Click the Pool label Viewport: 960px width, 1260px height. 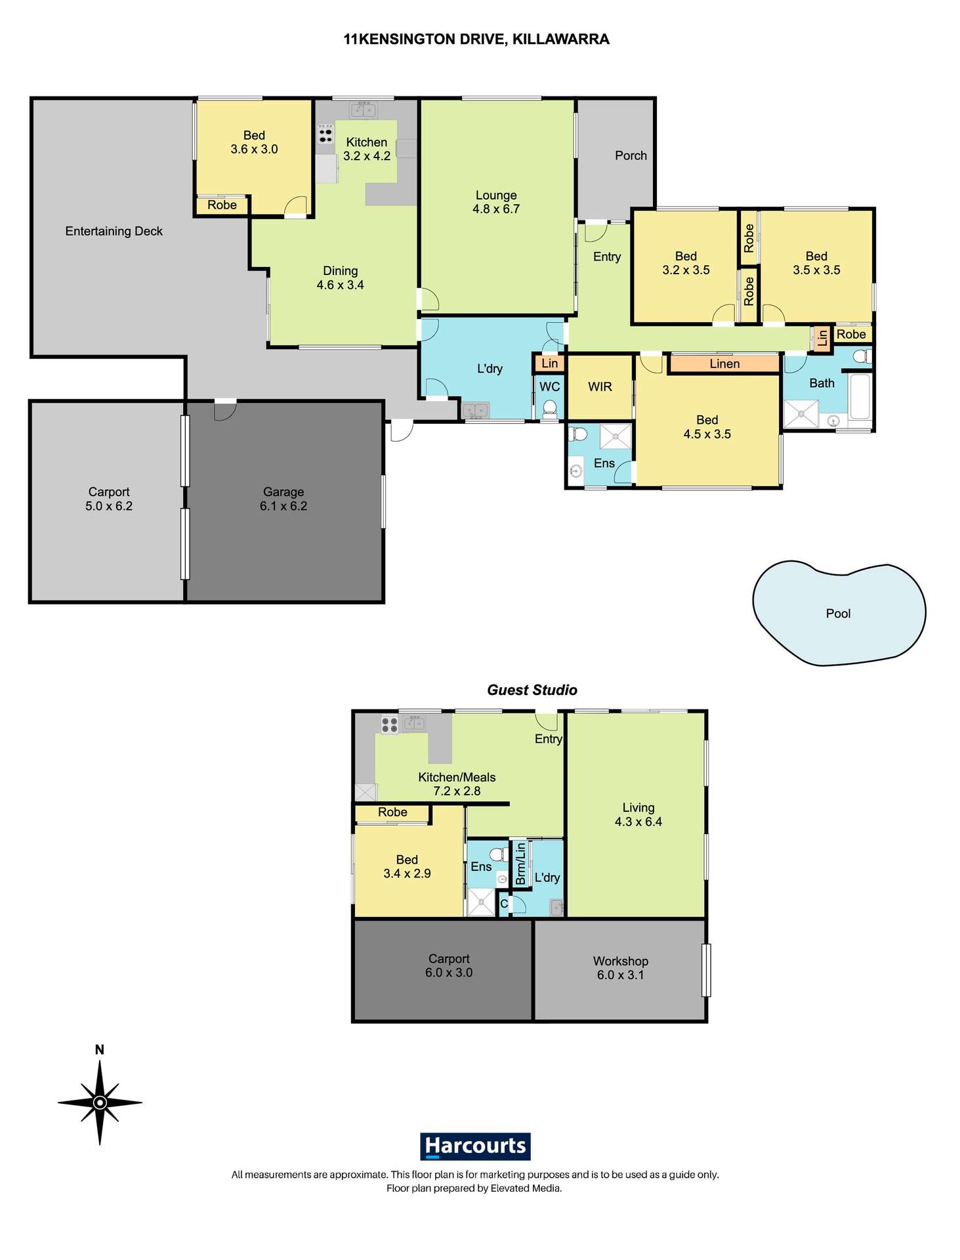838,614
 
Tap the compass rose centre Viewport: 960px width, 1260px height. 100,1102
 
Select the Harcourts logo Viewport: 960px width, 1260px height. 475,1146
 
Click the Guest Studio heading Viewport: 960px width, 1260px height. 532,690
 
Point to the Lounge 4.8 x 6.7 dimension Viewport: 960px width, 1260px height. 496,209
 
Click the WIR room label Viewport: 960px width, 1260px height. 600,387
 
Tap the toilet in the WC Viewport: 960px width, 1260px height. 550,408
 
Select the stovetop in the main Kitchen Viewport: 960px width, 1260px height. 325,133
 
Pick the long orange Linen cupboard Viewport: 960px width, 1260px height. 724,364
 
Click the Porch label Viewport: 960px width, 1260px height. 631,156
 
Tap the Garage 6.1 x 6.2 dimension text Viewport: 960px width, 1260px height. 283,506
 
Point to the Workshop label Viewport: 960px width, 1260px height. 621,961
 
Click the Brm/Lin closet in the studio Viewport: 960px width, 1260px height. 520,864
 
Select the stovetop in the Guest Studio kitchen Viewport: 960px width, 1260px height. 389,724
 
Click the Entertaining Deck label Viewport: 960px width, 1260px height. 114,231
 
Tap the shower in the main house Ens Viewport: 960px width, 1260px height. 616,435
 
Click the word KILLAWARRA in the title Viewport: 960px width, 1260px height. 561,39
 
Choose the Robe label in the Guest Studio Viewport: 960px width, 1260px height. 392,812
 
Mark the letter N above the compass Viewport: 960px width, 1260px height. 100,1050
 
